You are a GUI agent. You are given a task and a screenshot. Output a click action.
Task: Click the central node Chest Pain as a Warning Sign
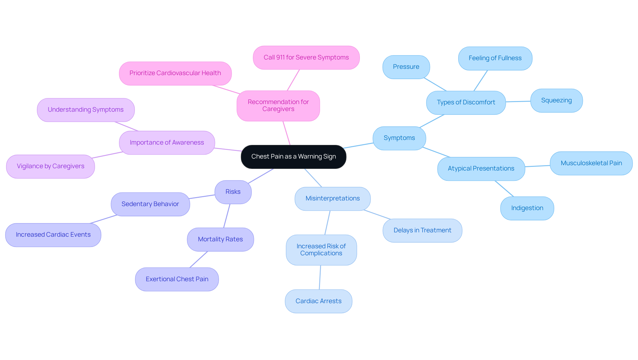point(293,157)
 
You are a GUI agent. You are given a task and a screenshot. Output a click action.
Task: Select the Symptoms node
point(399,138)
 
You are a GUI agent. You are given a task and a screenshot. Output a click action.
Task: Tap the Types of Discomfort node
point(466,102)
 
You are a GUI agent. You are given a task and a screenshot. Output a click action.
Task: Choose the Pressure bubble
point(406,67)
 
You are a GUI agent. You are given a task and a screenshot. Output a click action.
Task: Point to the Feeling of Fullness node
point(495,58)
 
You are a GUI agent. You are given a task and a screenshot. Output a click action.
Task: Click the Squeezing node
point(556,100)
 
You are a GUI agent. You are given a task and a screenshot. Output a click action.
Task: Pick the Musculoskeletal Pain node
point(591,163)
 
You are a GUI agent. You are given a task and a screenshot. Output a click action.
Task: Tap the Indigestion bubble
point(527,208)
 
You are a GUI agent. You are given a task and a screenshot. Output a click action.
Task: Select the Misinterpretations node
point(332,198)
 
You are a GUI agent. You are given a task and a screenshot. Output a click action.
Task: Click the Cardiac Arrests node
point(318,301)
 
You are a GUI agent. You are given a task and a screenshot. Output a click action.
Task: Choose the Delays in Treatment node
point(422,230)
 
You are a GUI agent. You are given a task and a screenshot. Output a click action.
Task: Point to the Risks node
point(233,192)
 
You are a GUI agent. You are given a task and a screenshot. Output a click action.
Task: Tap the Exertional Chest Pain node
point(177,279)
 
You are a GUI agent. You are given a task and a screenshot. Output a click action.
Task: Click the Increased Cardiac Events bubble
point(53,235)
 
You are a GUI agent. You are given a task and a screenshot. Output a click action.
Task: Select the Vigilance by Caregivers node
point(51,166)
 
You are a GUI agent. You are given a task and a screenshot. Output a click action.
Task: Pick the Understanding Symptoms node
point(85,110)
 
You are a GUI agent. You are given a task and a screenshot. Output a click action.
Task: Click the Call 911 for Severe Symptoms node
point(306,58)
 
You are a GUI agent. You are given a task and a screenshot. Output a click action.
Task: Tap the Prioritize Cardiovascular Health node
point(175,73)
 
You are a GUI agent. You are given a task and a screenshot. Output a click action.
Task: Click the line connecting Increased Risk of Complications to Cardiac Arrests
point(320,277)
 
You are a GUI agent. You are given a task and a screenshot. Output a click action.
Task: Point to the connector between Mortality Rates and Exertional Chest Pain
point(199,259)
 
